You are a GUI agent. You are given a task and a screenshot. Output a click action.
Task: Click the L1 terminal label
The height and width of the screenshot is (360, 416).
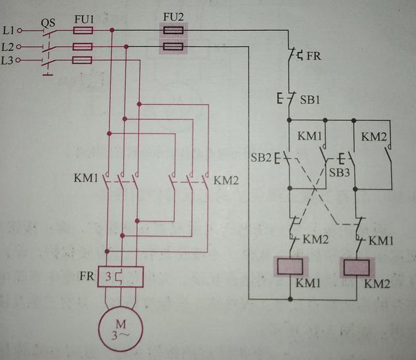(9, 30)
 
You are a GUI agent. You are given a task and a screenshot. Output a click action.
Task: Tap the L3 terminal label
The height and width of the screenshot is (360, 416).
(9, 61)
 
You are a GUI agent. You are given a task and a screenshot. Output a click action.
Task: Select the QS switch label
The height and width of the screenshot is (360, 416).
(48, 22)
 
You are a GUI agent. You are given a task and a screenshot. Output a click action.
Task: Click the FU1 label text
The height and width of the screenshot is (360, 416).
(83, 20)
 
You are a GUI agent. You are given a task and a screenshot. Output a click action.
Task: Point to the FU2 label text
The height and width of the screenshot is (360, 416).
(172, 16)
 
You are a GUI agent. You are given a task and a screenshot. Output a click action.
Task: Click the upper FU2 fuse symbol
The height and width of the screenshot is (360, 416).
(173, 30)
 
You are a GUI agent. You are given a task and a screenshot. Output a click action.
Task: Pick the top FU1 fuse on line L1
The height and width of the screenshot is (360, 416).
(82, 31)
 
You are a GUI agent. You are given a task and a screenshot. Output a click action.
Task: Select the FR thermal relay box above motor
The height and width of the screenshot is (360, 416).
(121, 276)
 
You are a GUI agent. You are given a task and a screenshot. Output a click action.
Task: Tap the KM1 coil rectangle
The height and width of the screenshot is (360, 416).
(290, 267)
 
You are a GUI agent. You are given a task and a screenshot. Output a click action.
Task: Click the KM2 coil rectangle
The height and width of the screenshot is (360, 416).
(357, 267)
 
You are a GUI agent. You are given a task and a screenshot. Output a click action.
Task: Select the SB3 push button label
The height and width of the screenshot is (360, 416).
(339, 171)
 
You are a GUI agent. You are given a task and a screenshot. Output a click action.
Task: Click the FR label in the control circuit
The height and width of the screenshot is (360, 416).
(313, 56)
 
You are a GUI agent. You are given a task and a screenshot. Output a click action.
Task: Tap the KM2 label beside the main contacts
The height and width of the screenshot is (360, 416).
(226, 179)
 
